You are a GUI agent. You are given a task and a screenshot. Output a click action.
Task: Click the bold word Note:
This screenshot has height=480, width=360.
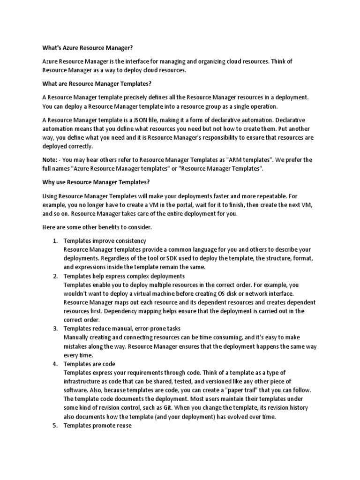(x=51, y=160)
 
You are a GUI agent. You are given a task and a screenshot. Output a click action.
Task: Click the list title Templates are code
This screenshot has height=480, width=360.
(x=90, y=364)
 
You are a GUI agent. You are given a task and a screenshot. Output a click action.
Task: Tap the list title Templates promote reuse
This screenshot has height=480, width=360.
(x=98, y=426)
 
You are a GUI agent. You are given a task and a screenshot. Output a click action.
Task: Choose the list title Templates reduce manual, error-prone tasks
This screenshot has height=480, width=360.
(x=122, y=329)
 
